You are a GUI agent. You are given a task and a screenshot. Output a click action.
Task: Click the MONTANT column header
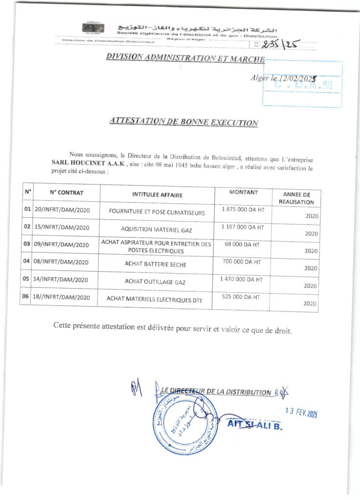pyautogui.click(x=243, y=192)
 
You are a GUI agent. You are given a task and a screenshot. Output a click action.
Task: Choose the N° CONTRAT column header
pyautogui.click(x=66, y=193)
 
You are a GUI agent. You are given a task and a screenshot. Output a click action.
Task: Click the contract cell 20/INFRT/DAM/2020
pyautogui.click(x=62, y=212)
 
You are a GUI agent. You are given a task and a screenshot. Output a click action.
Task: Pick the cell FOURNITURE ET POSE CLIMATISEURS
pyautogui.click(x=157, y=213)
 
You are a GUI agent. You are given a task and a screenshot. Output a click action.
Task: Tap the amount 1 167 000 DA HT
pyautogui.click(x=243, y=227)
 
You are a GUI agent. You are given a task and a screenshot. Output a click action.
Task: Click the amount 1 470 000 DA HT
pyautogui.click(x=242, y=280)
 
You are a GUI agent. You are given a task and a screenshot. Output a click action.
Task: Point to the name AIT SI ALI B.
pyautogui.click(x=255, y=425)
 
